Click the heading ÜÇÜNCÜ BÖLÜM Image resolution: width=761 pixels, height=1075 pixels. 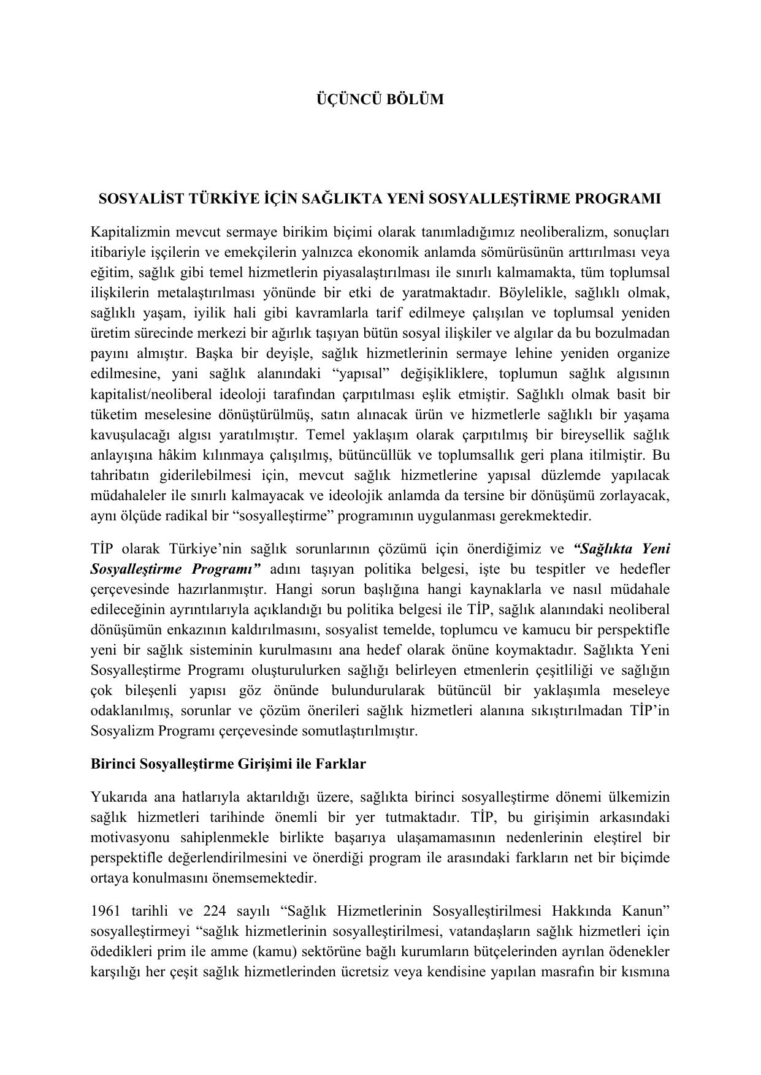tap(380, 99)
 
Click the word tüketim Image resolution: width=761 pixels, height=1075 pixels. tap(113, 414)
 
